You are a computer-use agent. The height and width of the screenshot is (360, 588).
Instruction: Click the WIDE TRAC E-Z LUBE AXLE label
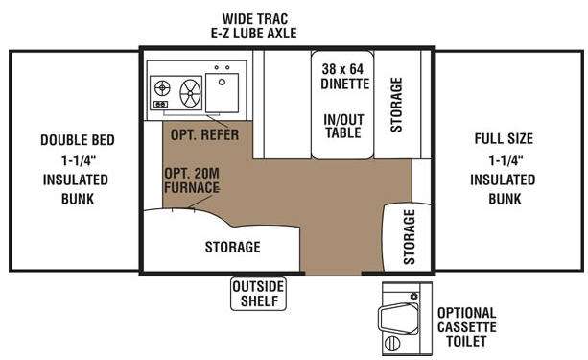tap(254, 26)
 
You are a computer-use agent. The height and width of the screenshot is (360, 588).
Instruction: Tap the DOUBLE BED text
tap(78, 140)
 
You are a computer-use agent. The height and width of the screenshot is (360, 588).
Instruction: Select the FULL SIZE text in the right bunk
tap(504, 139)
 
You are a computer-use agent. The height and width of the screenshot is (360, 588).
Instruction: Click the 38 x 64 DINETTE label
tap(343, 76)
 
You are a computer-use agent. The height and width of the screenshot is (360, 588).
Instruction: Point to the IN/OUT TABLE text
tap(343, 126)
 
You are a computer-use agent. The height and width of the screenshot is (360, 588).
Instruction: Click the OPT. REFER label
tap(204, 134)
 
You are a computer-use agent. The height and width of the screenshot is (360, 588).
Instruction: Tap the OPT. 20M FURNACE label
tap(192, 180)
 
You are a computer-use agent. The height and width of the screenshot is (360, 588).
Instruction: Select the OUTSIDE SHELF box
tap(258, 294)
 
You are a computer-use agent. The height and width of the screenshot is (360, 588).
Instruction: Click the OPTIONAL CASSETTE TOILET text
tap(466, 327)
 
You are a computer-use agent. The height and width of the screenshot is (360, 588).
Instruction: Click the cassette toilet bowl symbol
tap(398, 319)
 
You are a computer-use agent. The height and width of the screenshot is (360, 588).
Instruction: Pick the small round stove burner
tap(162, 88)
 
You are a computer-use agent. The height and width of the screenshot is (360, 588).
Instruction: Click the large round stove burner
tap(191, 92)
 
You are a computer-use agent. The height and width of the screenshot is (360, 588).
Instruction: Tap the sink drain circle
tap(222, 82)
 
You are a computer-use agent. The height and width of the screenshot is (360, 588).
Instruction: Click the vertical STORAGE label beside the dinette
tap(396, 105)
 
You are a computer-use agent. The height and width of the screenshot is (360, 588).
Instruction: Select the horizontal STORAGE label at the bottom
tap(232, 247)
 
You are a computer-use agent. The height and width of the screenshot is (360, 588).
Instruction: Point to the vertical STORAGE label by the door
tap(410, 236)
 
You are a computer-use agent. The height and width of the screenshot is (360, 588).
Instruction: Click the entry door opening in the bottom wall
tap(334, 274)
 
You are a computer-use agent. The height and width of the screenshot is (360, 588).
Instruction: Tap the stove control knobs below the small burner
tap(160, 104)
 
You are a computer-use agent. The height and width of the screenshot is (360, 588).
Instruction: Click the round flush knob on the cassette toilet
tap(413, 297)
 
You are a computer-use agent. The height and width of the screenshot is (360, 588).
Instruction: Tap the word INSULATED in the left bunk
tap(76, 180)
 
